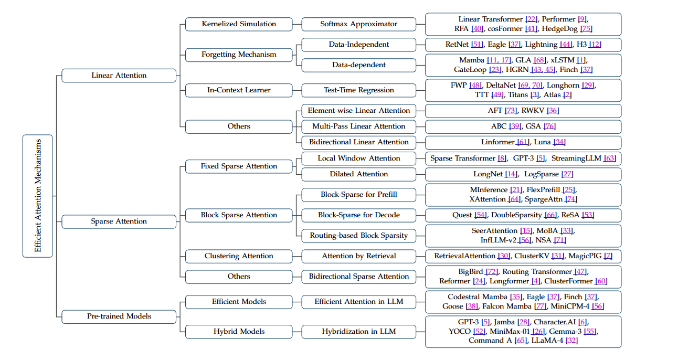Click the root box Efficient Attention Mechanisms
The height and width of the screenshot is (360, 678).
(x=38, y=196)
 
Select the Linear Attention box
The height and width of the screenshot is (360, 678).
(x=119, y=76)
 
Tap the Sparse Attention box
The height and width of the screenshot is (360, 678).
(x=119, y=221)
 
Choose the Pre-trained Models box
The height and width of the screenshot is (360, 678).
(x=119, y=316)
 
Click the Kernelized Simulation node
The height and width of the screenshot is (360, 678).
(x=239, y=24)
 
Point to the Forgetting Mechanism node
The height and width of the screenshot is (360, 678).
(x=239, y=55)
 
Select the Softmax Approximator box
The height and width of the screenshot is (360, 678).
(x=359, y=24)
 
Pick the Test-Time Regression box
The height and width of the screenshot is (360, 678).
(x=359, y=90)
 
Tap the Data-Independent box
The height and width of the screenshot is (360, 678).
(x=359, y=45)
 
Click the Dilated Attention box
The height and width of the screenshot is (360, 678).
(x=359, y=174)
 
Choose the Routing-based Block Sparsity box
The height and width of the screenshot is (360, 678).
(x=359, y=236)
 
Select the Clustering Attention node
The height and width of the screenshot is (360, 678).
(x=239, y=256)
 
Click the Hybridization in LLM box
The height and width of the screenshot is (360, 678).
(x=359, y=332)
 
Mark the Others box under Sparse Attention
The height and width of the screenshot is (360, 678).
(x=239, y=277)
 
